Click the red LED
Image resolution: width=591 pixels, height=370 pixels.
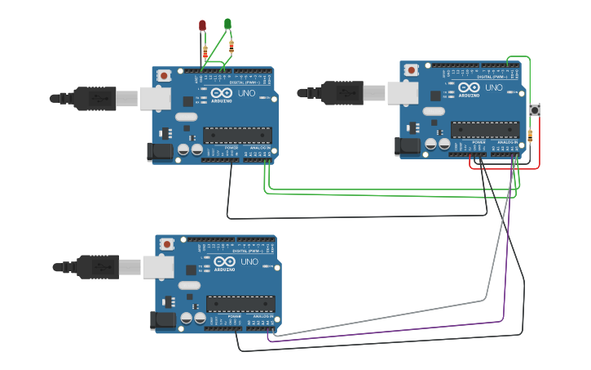[202, 25]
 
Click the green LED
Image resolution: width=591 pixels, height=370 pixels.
[227, 24]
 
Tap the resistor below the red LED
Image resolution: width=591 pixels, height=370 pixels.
[205, 53]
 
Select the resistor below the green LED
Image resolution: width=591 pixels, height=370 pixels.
[232, 45]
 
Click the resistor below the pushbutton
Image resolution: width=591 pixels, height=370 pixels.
[531, 135]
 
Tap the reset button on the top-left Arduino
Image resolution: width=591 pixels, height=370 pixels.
[164, 75]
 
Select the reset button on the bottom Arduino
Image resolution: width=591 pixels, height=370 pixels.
[167, 243]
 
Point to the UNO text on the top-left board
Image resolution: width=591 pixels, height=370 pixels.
[246, 93]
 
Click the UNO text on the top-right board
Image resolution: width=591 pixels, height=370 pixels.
[494, 87]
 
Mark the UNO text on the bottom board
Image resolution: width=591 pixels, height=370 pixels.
[249, 261]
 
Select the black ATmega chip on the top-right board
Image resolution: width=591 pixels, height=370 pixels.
[484, 130]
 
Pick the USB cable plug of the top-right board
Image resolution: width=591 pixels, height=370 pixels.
[343, 93]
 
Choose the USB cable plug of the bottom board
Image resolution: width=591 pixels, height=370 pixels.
[98, 267]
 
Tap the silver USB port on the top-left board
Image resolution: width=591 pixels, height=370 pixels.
[155, 99]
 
